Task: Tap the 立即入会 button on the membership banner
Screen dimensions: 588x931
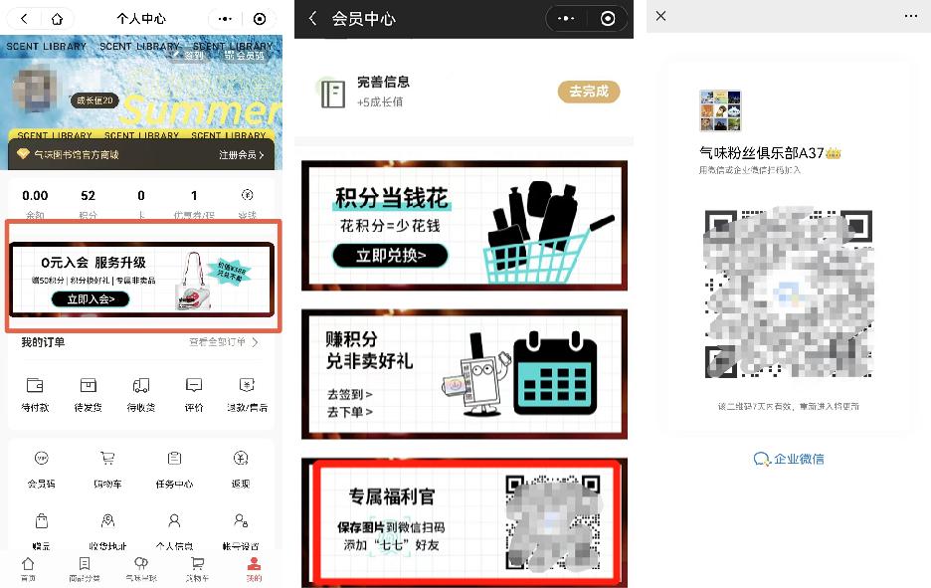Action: pos(91,298)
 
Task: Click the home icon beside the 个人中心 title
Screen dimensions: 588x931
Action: pos(57,19)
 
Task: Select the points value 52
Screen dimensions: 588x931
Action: pos(89,196)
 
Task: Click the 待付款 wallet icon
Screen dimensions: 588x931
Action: pos(35,386)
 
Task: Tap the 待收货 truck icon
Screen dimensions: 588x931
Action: pos(140,386)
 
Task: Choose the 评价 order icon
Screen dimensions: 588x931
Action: pos(194,386)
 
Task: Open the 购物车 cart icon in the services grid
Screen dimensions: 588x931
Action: pos(107,459)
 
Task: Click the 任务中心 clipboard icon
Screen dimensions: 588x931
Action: pos(174,459)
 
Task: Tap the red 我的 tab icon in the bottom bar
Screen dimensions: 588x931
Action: pos(254,563)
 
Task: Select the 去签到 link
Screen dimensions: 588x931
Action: pos(349,394)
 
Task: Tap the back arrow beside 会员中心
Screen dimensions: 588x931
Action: pos(312,19)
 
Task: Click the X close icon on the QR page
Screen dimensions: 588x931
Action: pos(661,17)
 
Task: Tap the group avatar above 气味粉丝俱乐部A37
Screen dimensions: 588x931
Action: pos(720,110)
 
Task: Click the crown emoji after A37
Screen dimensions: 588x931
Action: pos(834,152)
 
